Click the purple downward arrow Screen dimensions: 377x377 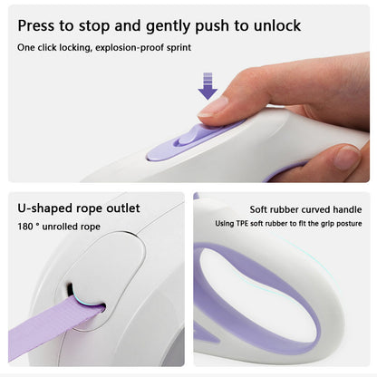pos(208,86)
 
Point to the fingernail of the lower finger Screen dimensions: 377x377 pos(347,158)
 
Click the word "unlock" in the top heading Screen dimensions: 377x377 pos(277,25)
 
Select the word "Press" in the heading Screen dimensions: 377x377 pos(36,25)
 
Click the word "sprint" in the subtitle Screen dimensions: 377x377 pos(179,48)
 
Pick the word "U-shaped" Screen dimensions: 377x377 pos(45,208)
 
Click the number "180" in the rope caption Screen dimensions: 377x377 pos(25,227)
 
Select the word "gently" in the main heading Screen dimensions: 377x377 pos(169,26)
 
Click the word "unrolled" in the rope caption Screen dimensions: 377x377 pos(60,227)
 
